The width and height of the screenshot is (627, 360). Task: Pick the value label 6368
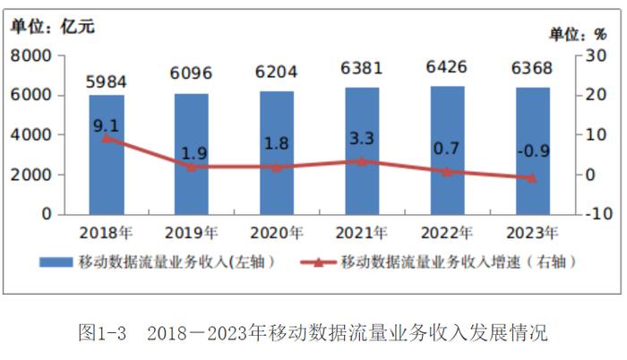click(x=532, y=68)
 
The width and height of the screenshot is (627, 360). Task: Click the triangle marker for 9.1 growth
click(x=107, y=138)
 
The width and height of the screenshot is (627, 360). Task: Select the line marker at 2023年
click(x=532, y=178)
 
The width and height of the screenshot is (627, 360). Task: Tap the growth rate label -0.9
click(x=532, y=151)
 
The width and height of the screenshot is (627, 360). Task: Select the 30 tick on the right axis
click(x=595, y=56)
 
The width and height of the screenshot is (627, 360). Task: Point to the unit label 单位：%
click(x=579, y=34)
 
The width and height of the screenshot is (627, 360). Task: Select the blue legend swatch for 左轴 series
click(x=56, y=263)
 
